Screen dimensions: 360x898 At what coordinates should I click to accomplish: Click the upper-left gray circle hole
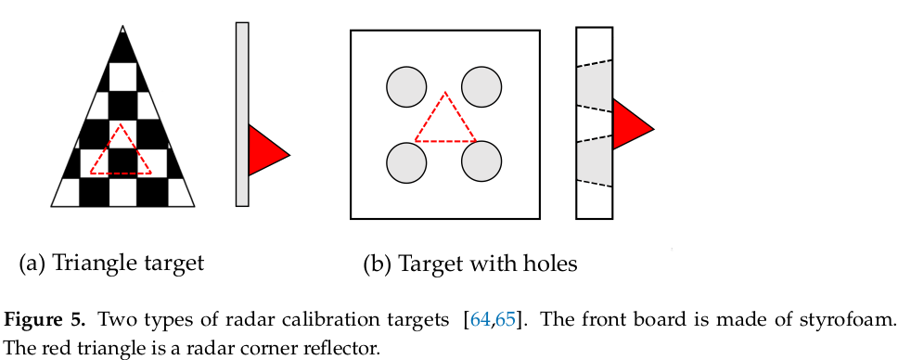click(405, 88)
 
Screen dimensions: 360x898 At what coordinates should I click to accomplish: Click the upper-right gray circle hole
click(481, 88)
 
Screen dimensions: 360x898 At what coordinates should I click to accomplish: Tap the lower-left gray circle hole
click(405, 162)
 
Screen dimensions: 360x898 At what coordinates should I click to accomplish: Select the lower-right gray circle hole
click(481, 162)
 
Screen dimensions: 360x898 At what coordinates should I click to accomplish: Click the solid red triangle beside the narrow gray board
click(265, 150)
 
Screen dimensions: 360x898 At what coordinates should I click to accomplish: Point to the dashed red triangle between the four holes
click(445, 122)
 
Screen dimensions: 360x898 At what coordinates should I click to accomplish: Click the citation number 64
click(480, 321)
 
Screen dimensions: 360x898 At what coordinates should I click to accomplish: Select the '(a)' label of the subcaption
click(32, 264)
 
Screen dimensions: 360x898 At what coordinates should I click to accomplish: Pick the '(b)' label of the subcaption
click(377, 264)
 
